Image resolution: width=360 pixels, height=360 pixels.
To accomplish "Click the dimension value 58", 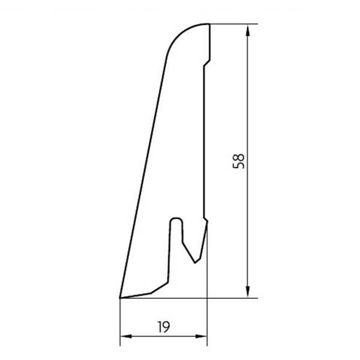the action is pyautogui.click(x=238, y=161).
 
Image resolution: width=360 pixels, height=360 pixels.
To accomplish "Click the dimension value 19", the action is pyautogui.click(x=163, y=327).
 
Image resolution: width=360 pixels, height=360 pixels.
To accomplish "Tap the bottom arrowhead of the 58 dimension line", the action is pyautogui.click(x=248, y=292).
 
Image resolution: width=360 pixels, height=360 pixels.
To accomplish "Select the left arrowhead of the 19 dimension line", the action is pyautogui.click(x=126, y=336).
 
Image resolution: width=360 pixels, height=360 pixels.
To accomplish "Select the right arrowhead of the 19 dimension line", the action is pyautogui.click(x=201, y=336).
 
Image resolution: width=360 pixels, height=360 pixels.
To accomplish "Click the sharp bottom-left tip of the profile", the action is pyautogui.click(x=120, y=298).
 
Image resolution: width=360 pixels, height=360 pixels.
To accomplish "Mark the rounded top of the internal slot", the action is pyautogui.click(x=176, y=218).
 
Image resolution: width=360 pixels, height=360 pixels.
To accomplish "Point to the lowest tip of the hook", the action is pyautogui.click(x=195, y=263).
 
